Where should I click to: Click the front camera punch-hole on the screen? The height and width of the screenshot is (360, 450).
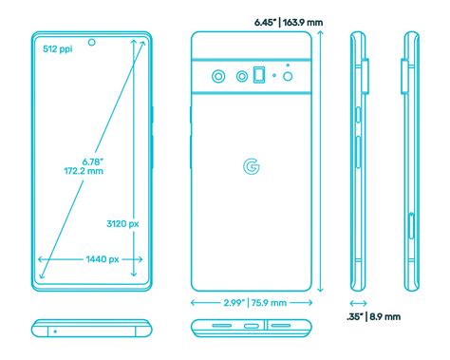92,42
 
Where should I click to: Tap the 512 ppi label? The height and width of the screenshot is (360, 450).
58,48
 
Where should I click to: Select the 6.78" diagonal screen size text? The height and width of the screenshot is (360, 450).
93,161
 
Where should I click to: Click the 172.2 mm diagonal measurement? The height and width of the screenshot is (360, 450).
84,171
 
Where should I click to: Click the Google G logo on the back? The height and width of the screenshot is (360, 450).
252,166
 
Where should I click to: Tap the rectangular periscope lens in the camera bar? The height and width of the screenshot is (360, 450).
259,75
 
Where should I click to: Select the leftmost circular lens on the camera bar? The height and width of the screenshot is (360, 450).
218,76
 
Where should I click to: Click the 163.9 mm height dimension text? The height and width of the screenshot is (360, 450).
303,23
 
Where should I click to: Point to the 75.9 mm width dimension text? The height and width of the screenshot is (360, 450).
269,303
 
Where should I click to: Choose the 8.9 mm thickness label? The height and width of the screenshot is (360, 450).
385,316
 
